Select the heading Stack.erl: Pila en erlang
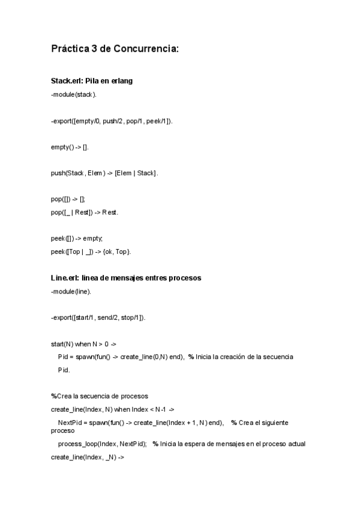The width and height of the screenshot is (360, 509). pos(92,81)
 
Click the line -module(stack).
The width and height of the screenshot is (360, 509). pos(74,94)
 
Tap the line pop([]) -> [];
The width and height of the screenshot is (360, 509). pos(68,199)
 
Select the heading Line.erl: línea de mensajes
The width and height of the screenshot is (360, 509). pos(126,278)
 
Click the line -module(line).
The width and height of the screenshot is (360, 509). pos(71,291)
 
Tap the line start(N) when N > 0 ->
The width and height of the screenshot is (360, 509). pos(83,344)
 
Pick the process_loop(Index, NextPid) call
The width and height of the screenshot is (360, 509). pos(102,444)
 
